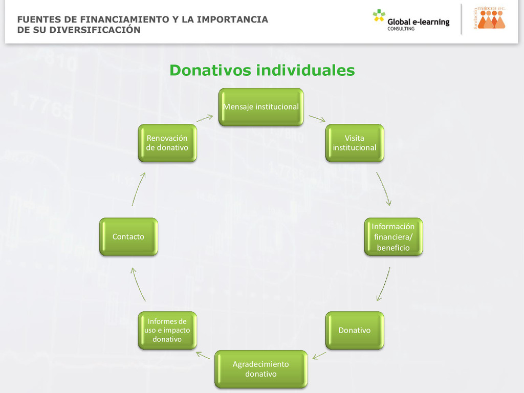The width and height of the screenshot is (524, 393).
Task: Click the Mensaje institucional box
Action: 261,107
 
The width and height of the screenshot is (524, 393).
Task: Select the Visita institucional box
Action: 355,143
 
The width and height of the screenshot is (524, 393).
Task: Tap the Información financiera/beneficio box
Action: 393,237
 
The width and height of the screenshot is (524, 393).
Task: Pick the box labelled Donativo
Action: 355,330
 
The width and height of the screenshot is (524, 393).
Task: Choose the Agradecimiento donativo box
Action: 261,369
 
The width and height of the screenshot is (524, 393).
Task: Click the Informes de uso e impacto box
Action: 167,330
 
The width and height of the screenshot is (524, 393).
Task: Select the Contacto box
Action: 128,237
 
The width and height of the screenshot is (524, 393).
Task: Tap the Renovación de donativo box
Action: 167,143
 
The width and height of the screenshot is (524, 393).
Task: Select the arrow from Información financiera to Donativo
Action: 383,284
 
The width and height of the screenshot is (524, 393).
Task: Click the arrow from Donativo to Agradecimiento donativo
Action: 319,355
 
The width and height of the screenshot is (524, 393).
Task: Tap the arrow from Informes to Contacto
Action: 138,285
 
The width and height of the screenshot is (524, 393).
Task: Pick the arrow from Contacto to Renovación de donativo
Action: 139,189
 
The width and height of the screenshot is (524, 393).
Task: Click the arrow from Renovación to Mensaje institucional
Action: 205,118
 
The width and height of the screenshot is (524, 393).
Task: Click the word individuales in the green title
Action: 305,71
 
